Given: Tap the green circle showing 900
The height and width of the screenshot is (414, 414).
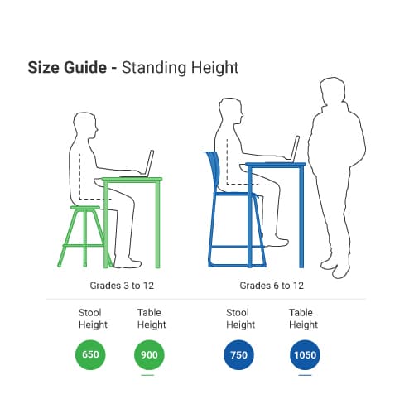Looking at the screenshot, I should coord(149,356).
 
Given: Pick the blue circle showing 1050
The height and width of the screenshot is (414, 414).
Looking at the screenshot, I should coord(304,356).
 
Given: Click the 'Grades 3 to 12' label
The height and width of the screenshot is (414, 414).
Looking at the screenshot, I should coord(122,286).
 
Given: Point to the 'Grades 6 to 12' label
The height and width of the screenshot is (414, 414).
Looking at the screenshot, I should coord(272,286).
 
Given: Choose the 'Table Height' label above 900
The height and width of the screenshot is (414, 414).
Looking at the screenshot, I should coord(151,319).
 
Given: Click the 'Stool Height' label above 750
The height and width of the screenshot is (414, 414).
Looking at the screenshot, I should coord(240,319).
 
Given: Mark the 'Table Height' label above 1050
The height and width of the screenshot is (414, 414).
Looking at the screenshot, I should coord(303,319).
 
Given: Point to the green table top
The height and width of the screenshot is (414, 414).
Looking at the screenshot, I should coord(132,179).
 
